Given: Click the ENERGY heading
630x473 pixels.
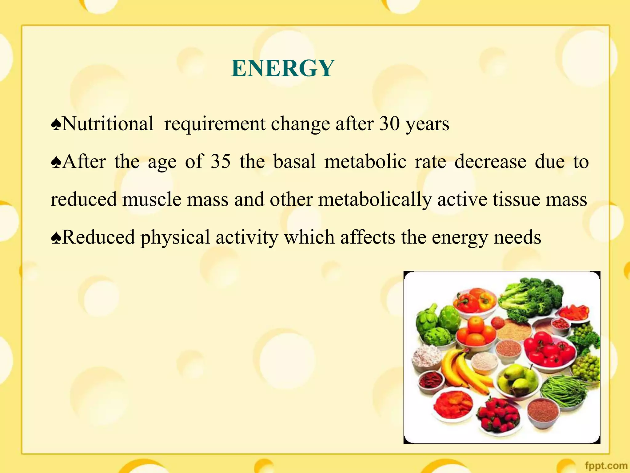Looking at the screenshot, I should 283,68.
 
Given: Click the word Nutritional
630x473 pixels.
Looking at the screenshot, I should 107,124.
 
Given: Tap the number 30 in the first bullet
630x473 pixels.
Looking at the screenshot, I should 389,124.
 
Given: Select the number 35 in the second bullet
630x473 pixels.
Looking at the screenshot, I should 220,161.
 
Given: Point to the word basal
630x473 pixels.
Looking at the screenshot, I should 294,161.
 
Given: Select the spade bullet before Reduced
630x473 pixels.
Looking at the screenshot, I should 56,238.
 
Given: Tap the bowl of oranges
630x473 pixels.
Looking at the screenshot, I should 475,333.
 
